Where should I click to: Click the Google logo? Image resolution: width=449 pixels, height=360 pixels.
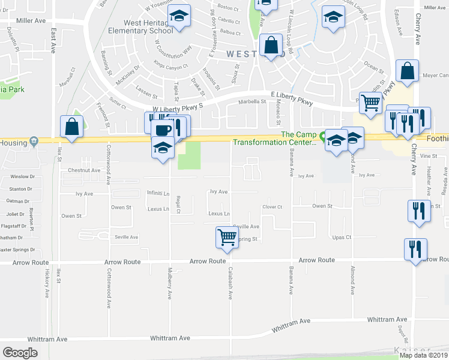(x=20, y=353)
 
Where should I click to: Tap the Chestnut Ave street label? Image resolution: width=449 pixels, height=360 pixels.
(x=83, y=170)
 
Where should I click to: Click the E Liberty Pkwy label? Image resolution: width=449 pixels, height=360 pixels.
(x=292, y=100)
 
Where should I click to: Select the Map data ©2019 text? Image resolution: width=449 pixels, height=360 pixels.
(x=423, y=355)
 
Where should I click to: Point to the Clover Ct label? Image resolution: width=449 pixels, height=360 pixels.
(x=273, y=208)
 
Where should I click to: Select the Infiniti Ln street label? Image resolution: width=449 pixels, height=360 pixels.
(x=158, y=193)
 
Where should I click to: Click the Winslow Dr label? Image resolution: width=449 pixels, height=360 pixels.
(x=23, y=177)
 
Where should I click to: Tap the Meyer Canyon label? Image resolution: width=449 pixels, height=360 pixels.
(x=436, y=76)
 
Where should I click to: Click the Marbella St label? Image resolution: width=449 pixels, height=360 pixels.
(x=253, y=101)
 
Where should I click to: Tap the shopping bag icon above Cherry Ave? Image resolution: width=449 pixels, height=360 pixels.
(x=407, y=71)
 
